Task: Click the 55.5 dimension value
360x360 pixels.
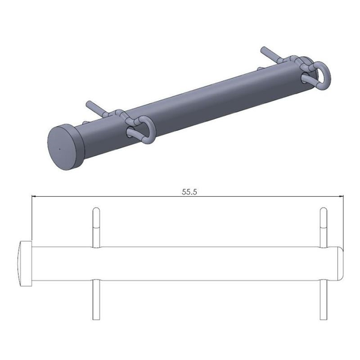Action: pyautogui.click(x=190, y=192)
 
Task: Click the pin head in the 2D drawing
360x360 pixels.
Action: pyautogui.click(x=24, y=263)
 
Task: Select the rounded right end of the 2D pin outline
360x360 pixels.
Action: pyautogui.click(x=340, y=263)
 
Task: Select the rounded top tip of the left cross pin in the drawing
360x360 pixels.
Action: pyautogui.click(x=95, y=210)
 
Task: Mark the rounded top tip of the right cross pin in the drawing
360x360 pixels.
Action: pyautogui.click(x=323, y=210)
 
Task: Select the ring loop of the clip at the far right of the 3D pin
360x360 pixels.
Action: pyautogui.click(x=322, y=73)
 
